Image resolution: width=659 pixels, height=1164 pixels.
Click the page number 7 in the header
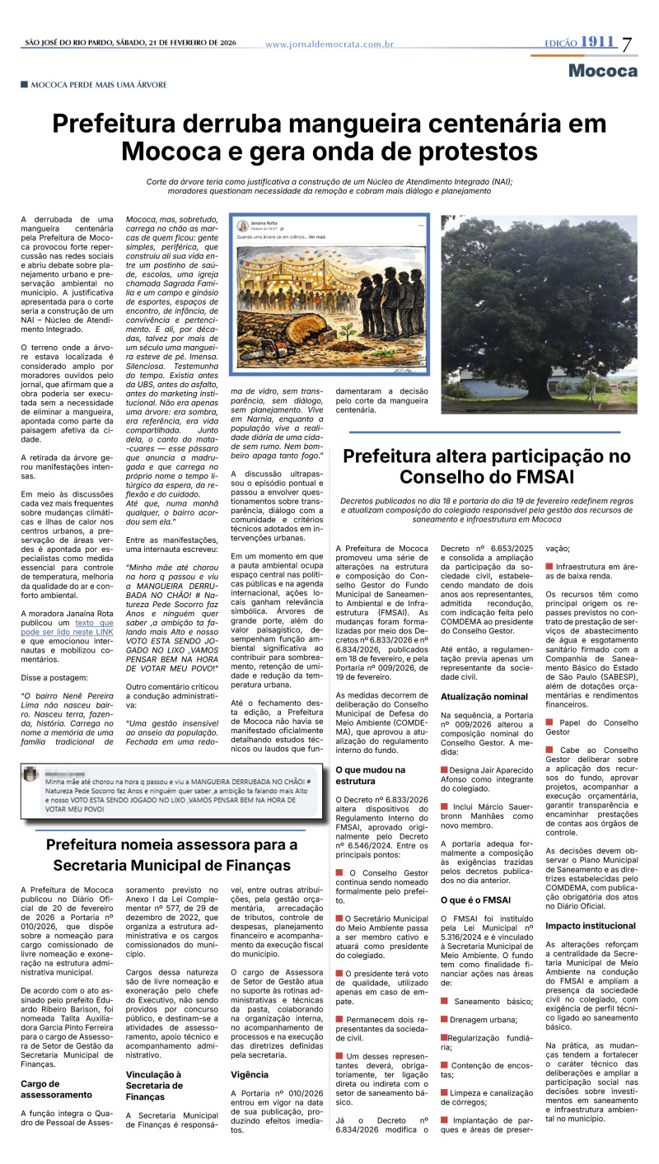coord(628,44)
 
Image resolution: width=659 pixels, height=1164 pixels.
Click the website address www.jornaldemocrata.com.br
coord(329,44)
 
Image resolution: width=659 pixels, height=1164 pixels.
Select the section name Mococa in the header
coord(602,71)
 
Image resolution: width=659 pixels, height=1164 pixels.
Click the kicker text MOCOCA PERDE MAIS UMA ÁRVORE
coord(99,85)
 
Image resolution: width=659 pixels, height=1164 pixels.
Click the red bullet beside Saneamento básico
coord(444,1001)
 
